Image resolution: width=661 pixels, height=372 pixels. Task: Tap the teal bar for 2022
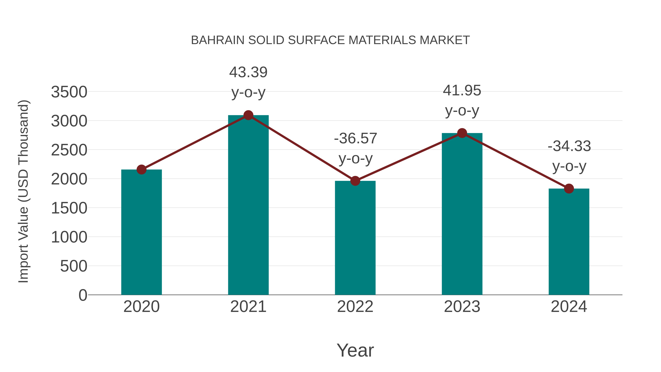(x=355, y=238)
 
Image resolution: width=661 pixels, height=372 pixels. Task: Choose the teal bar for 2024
(x=569, y=242)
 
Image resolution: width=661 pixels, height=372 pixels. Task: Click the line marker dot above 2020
(x=141, y=169)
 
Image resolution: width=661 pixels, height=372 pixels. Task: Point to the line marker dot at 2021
(x=248, y=115)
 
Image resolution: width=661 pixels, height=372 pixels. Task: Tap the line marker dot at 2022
(x=355, y=181)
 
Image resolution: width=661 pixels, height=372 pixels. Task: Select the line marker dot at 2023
(x=462, y=133)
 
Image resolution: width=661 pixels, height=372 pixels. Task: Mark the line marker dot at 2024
(x=569, y=189)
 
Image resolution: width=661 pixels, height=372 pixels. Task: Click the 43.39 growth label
(x=248, y=72)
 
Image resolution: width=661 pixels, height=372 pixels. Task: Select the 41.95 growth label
(x=462, y=91)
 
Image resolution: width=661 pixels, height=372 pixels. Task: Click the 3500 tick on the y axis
(x=69, y=92)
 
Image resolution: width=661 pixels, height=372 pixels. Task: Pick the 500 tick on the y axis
(x=73, y=266)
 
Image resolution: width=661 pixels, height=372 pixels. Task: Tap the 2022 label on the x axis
(x=355, y=307)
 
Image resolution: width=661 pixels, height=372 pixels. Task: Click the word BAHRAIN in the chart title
(x=218, y=40)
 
